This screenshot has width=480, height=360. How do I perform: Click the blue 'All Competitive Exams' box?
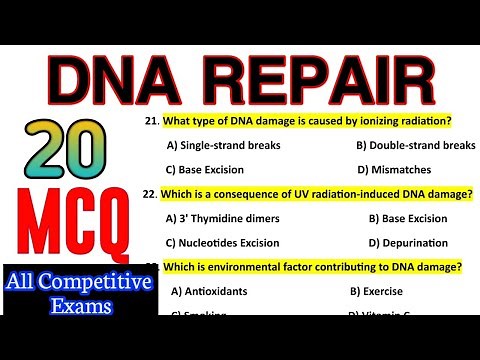[78, 293]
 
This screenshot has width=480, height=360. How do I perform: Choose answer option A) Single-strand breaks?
[225, 145]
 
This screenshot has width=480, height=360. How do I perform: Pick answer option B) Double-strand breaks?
[415, 145]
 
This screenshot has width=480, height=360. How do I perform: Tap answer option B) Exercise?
[377, 291]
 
